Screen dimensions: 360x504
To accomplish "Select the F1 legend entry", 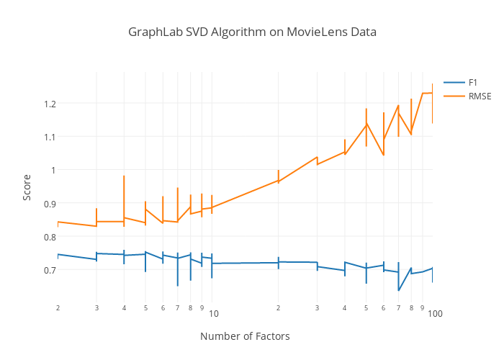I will pyautogui.click(x=472, y=83).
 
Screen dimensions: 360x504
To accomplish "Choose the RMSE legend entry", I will pyautogui.click(x=480, y=96).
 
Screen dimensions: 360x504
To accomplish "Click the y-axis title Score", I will pyautogui.click(x=27, y=187).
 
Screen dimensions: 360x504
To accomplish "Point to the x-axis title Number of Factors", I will pyautogui.click(x=245, y=336).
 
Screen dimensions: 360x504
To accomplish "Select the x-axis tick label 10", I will pyautogui.click(x=213, y=315).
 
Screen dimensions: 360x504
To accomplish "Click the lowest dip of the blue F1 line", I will pyautogui.click(x=398, y=290).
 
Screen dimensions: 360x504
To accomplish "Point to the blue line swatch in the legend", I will pyautogui.click(x=454, y=83).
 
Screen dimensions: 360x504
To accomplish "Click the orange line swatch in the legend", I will pyautogui.click(x=454, y=96).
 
